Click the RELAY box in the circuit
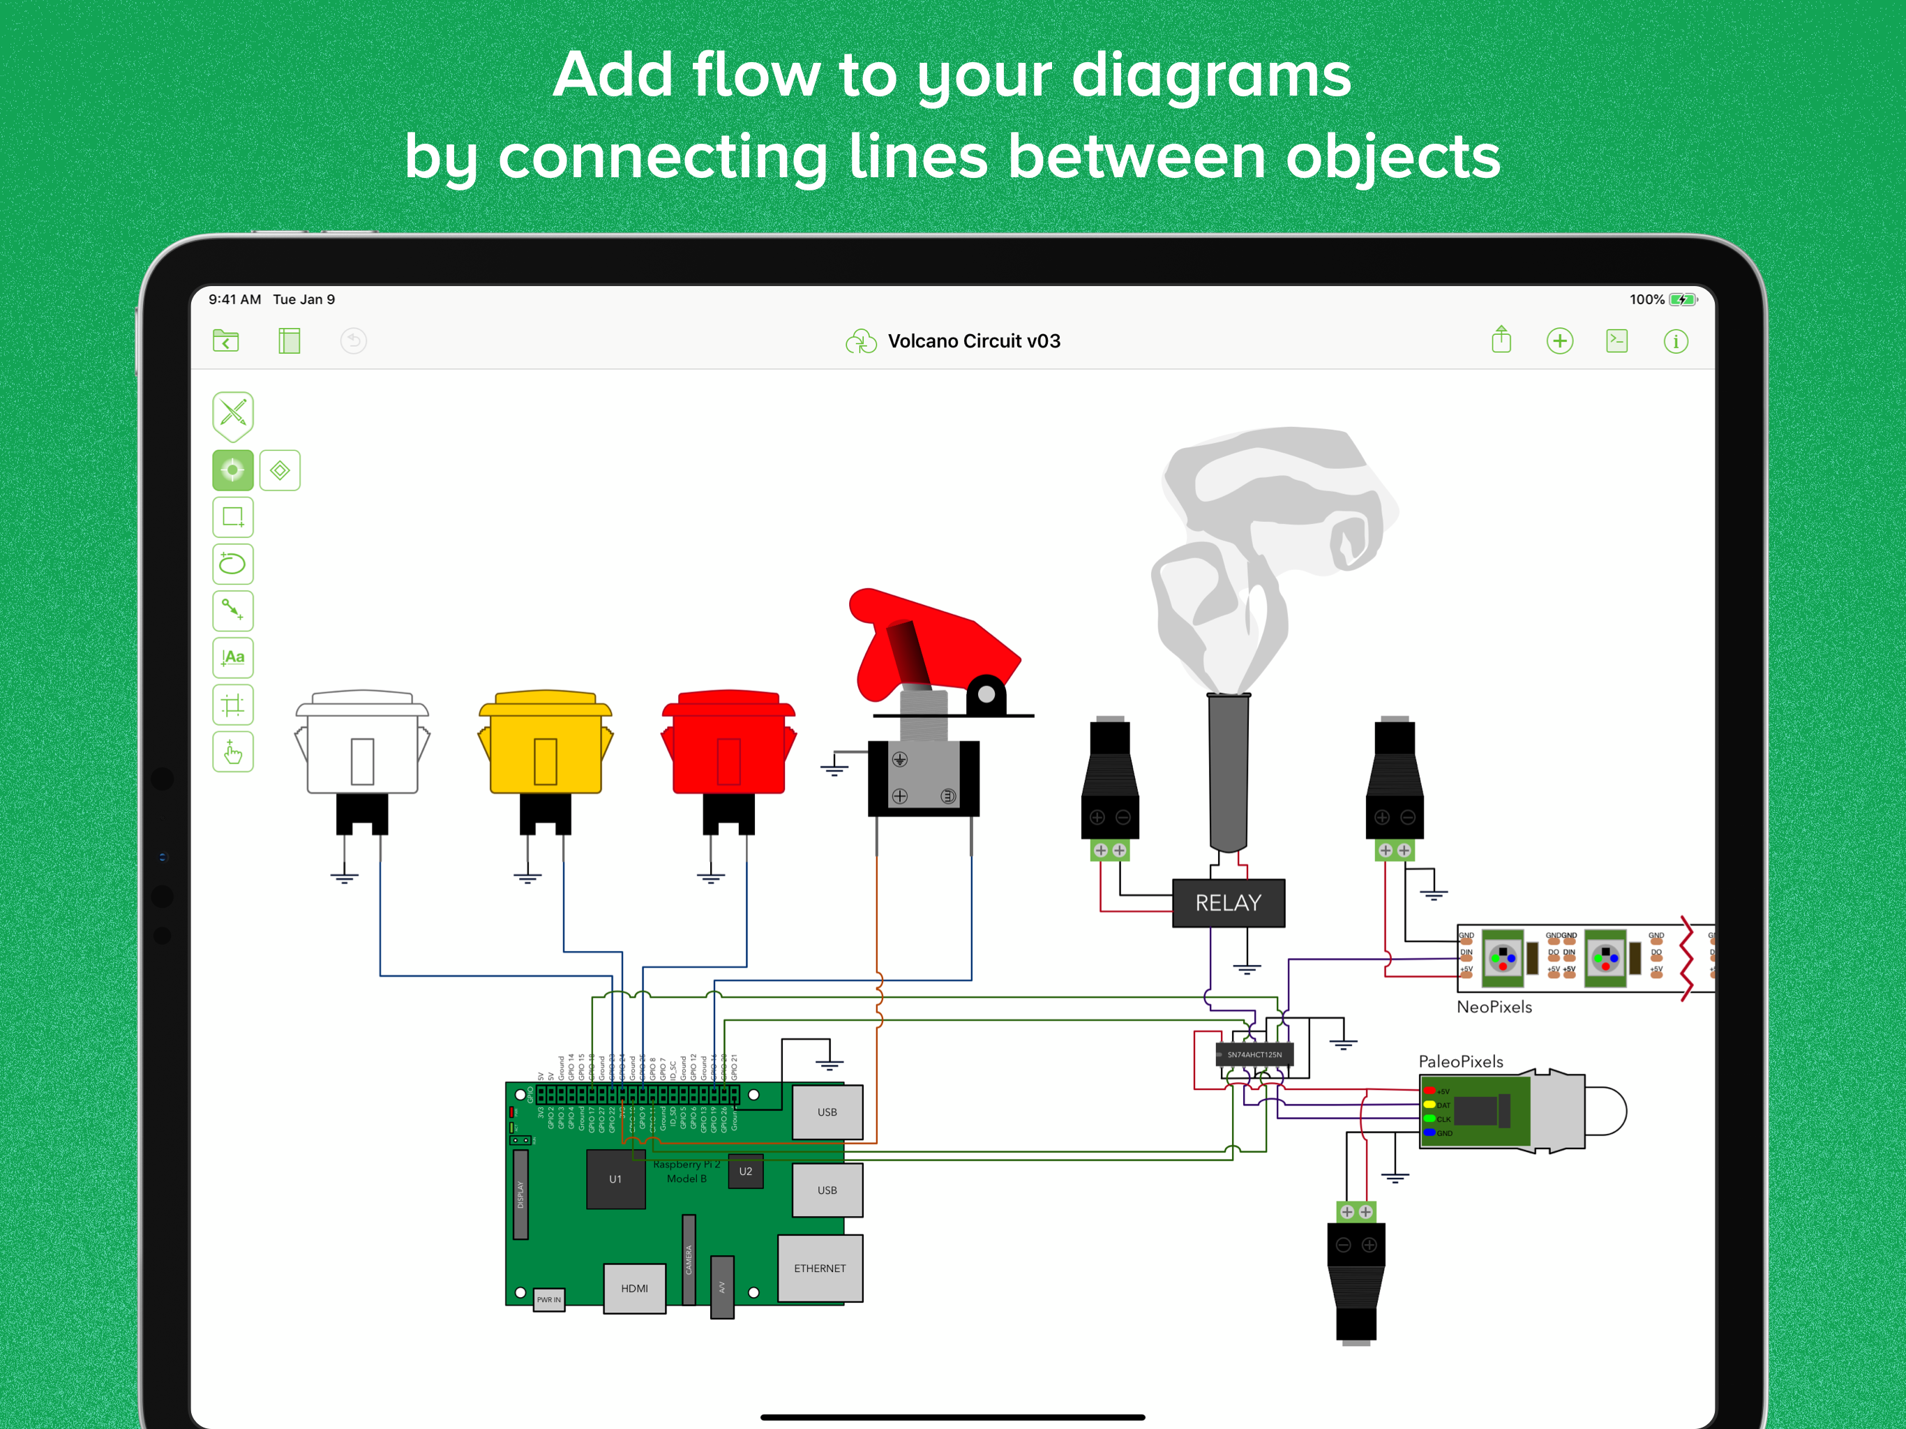tap(1228, 902)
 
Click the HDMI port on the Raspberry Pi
tap(634, 1287)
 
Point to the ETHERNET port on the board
tap(820, 1268)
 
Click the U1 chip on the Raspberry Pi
tap(615, 1179)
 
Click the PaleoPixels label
tap(1460, 1062)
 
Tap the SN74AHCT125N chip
tap(1254, 1054)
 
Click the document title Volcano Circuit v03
tap(974, 341)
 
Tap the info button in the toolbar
tap(1675, 341)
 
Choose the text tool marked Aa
tap(232, 657)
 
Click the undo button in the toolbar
tap(353, 341)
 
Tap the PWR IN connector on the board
tap(549, 1299)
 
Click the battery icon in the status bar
tap(1682, 300)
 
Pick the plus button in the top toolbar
tap(1559, 341)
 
